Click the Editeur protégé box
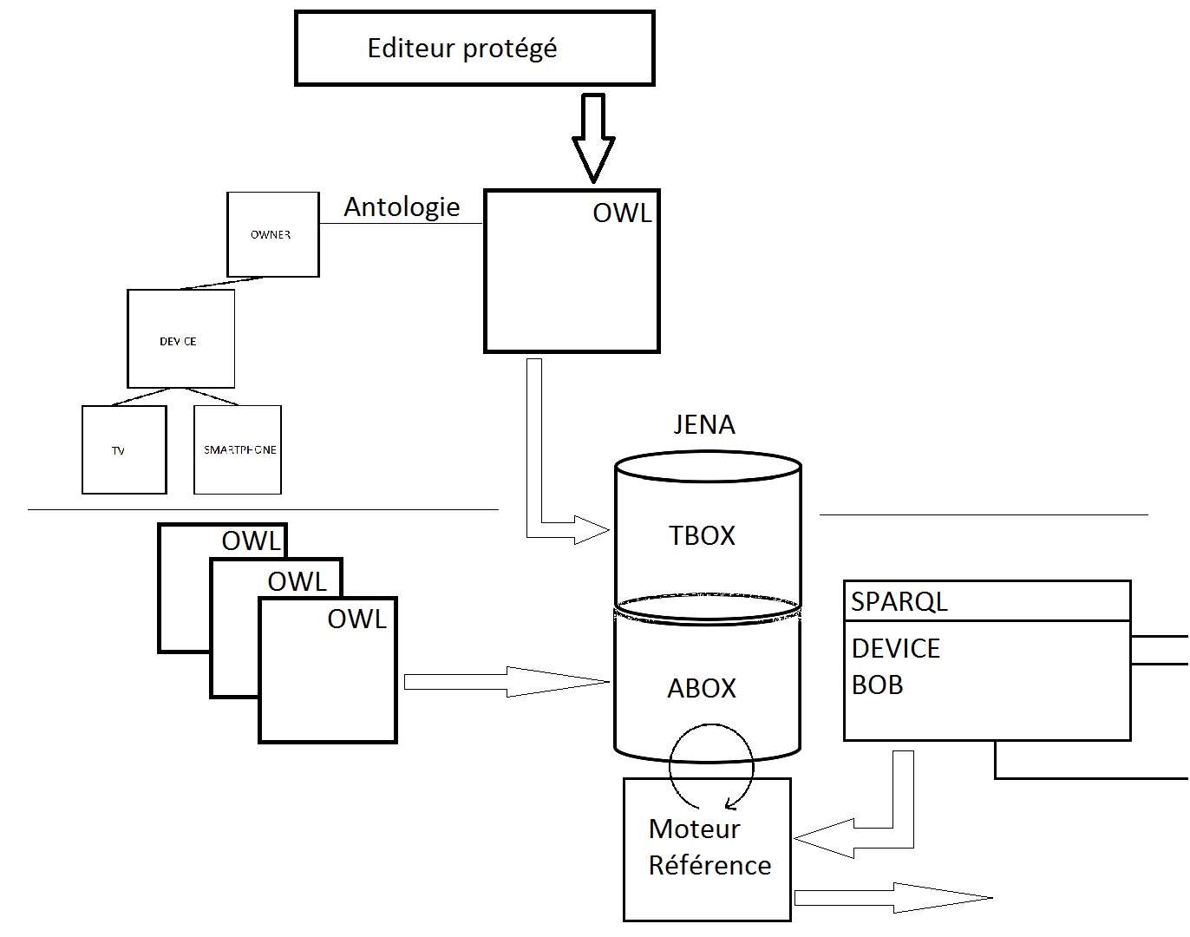click(474, 49)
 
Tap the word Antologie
click(402, 206)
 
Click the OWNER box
click(272, 234)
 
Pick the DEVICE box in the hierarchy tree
click(180, 339)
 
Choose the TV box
click(123, 450)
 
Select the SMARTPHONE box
click(238, 449)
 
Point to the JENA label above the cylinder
click(704, 424)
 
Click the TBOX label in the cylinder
click(702, 535)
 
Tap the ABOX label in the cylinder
click(702, 688)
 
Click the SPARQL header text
click(899, 601)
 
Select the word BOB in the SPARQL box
click(877, 685)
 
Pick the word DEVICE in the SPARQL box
click(895, 648)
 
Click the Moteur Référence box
click(707, 849)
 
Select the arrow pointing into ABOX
click(507, 682)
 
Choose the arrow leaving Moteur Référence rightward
click(893, 898)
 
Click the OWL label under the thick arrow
click(622, 213)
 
